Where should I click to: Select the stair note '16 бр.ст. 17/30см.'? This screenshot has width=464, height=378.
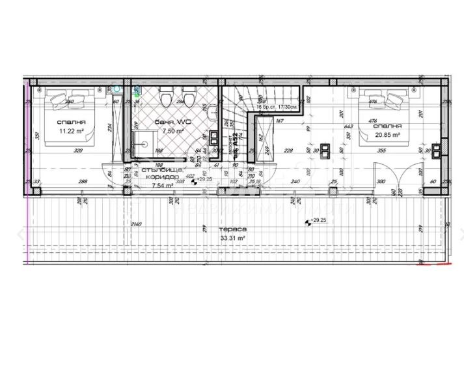(x=277, y=106)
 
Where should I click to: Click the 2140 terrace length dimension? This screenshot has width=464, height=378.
(x=135, y=224)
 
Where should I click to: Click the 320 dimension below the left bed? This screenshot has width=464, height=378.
(x=79, y=151)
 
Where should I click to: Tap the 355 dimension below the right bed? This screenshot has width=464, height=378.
(x=382, y=151)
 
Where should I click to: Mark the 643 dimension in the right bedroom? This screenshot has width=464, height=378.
(x=349, y=126)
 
